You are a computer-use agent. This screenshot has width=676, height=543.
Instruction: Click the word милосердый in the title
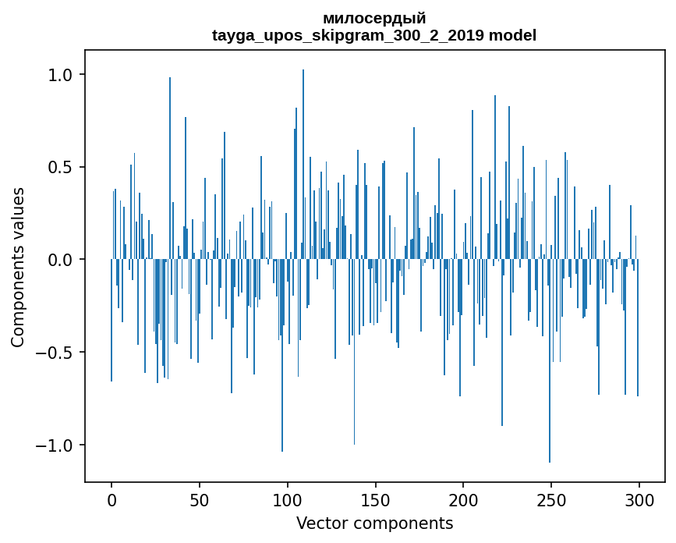(374, 19)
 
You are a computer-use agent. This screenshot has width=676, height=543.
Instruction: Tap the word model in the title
(512, 35)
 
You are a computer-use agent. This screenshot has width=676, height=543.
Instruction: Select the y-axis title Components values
(18, 267)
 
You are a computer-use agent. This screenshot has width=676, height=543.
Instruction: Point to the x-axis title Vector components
(374, 523)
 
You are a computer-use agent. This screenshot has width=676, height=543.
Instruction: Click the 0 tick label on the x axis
(111, 500)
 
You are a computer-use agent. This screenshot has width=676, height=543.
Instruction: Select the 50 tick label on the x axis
(200, 500)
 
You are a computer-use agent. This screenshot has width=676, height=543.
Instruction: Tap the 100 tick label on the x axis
(288, 500)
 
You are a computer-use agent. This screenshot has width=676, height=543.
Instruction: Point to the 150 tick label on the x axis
(376, 500)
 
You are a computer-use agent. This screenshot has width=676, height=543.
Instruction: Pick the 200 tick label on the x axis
(463, 500)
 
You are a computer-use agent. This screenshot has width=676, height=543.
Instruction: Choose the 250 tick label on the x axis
(551, 500)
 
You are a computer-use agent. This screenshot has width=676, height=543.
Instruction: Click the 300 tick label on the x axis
(639, 500)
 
